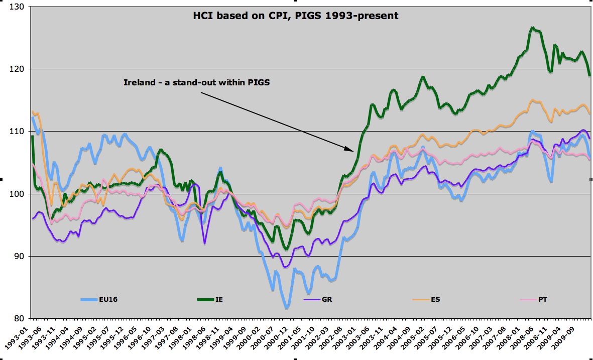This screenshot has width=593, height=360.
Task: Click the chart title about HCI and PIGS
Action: pyautogui.click(x=296, y=16)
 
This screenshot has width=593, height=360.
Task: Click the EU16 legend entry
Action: pyautogui.click(x=107, y=299)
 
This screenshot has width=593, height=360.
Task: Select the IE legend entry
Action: pyautogui.click(x=219, y=299)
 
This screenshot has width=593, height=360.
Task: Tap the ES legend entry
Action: pyautogui.click(x=435, y=299)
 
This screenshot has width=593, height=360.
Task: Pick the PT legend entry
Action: pyautogui.click(x=543, y=299)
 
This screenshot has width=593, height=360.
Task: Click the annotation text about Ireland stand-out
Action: pyautogui.click(x=197, y=82)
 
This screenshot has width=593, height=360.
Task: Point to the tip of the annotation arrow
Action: pyautogui.click(x=354, y=150)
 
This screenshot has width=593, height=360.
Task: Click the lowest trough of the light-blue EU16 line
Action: pyautogui.click(x=287, y=307)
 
